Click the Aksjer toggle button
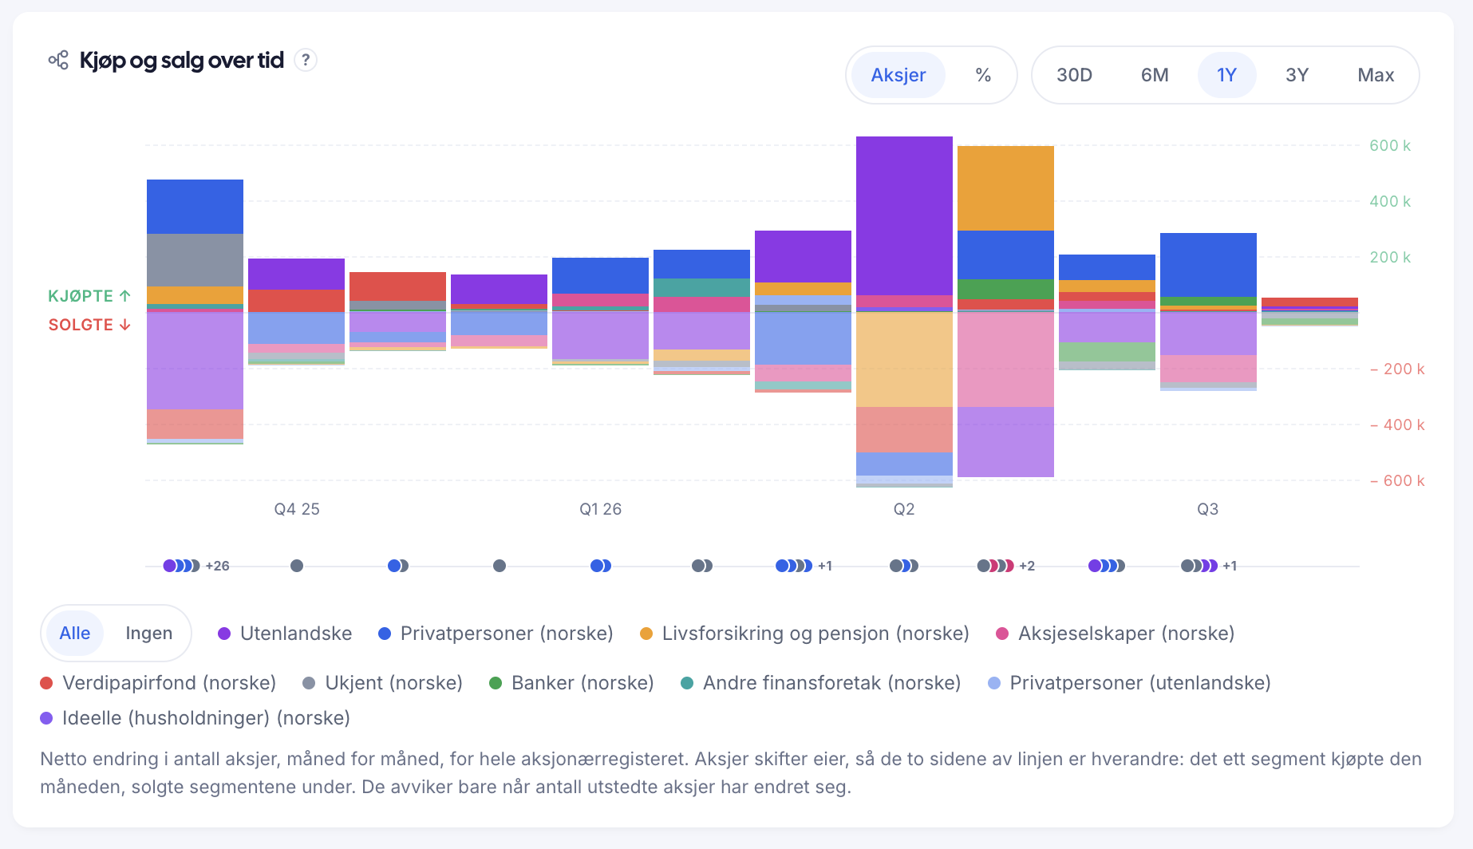click(898, 75)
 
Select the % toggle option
click(983, 75)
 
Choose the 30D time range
click(1074, 75)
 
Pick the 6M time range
click(1155, 75)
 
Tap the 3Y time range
click(1297, 75)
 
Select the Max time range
click(1376, 75)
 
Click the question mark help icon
click(306, 60)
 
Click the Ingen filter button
click(148, 633)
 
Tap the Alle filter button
click(75, 633)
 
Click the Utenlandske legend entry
click(285, 634)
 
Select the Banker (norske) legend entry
click(571, 683)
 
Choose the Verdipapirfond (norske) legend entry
click(158, 683)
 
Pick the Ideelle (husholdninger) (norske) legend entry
click(195, 718)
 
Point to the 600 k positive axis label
click(1390, 145)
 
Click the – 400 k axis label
click(1397, 424)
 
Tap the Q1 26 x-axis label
click(600, 509)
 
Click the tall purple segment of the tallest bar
click(904, 215)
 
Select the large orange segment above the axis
click(1005, 188)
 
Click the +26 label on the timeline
click(217, 566)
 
